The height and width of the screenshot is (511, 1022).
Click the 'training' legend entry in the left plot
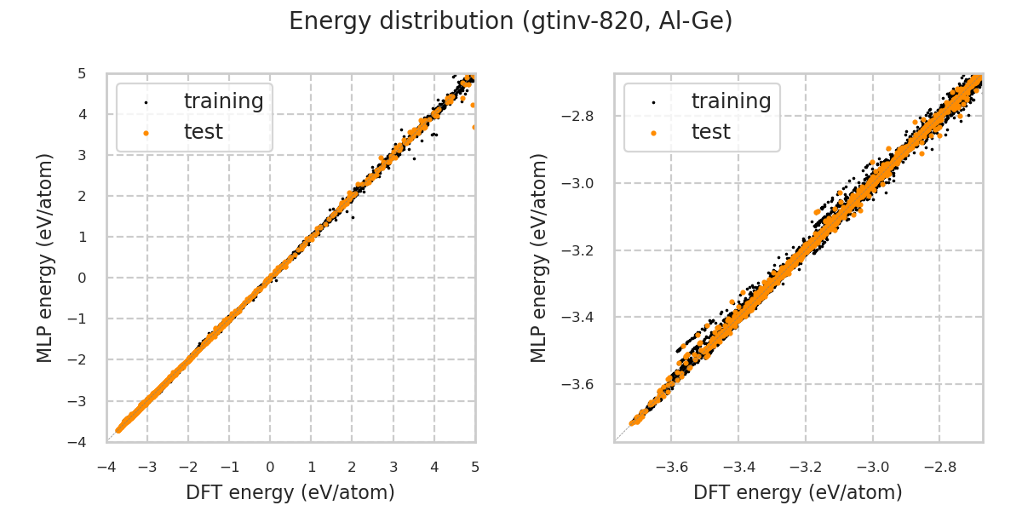[x=223, y=101]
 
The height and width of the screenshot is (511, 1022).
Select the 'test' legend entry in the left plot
[x=203, y=132]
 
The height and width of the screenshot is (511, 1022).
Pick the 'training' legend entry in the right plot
[x=731, y=101]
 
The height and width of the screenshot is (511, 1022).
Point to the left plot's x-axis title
[x=290, y=492]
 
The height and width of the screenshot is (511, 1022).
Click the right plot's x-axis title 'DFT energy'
[x=798, y=492]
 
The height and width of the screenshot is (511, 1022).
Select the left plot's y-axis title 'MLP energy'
[x=46, y=257]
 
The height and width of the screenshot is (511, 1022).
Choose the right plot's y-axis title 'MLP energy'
[x=539, y=257]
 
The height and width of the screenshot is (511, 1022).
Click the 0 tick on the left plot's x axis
[x=271, y=467]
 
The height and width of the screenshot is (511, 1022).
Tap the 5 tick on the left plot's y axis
[x=82, y=73]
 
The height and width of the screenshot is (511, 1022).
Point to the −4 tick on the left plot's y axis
[x=78, y=442]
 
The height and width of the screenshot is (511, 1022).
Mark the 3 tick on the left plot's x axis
[x=393, y=467]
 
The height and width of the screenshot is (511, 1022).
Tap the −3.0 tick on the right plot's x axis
[x=870, y=467]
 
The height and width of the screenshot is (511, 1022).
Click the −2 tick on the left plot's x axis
[x=187, y=467]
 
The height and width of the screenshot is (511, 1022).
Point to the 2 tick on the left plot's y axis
[x=82, y=196]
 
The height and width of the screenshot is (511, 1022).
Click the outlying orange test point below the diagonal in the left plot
[x=474, y=127]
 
